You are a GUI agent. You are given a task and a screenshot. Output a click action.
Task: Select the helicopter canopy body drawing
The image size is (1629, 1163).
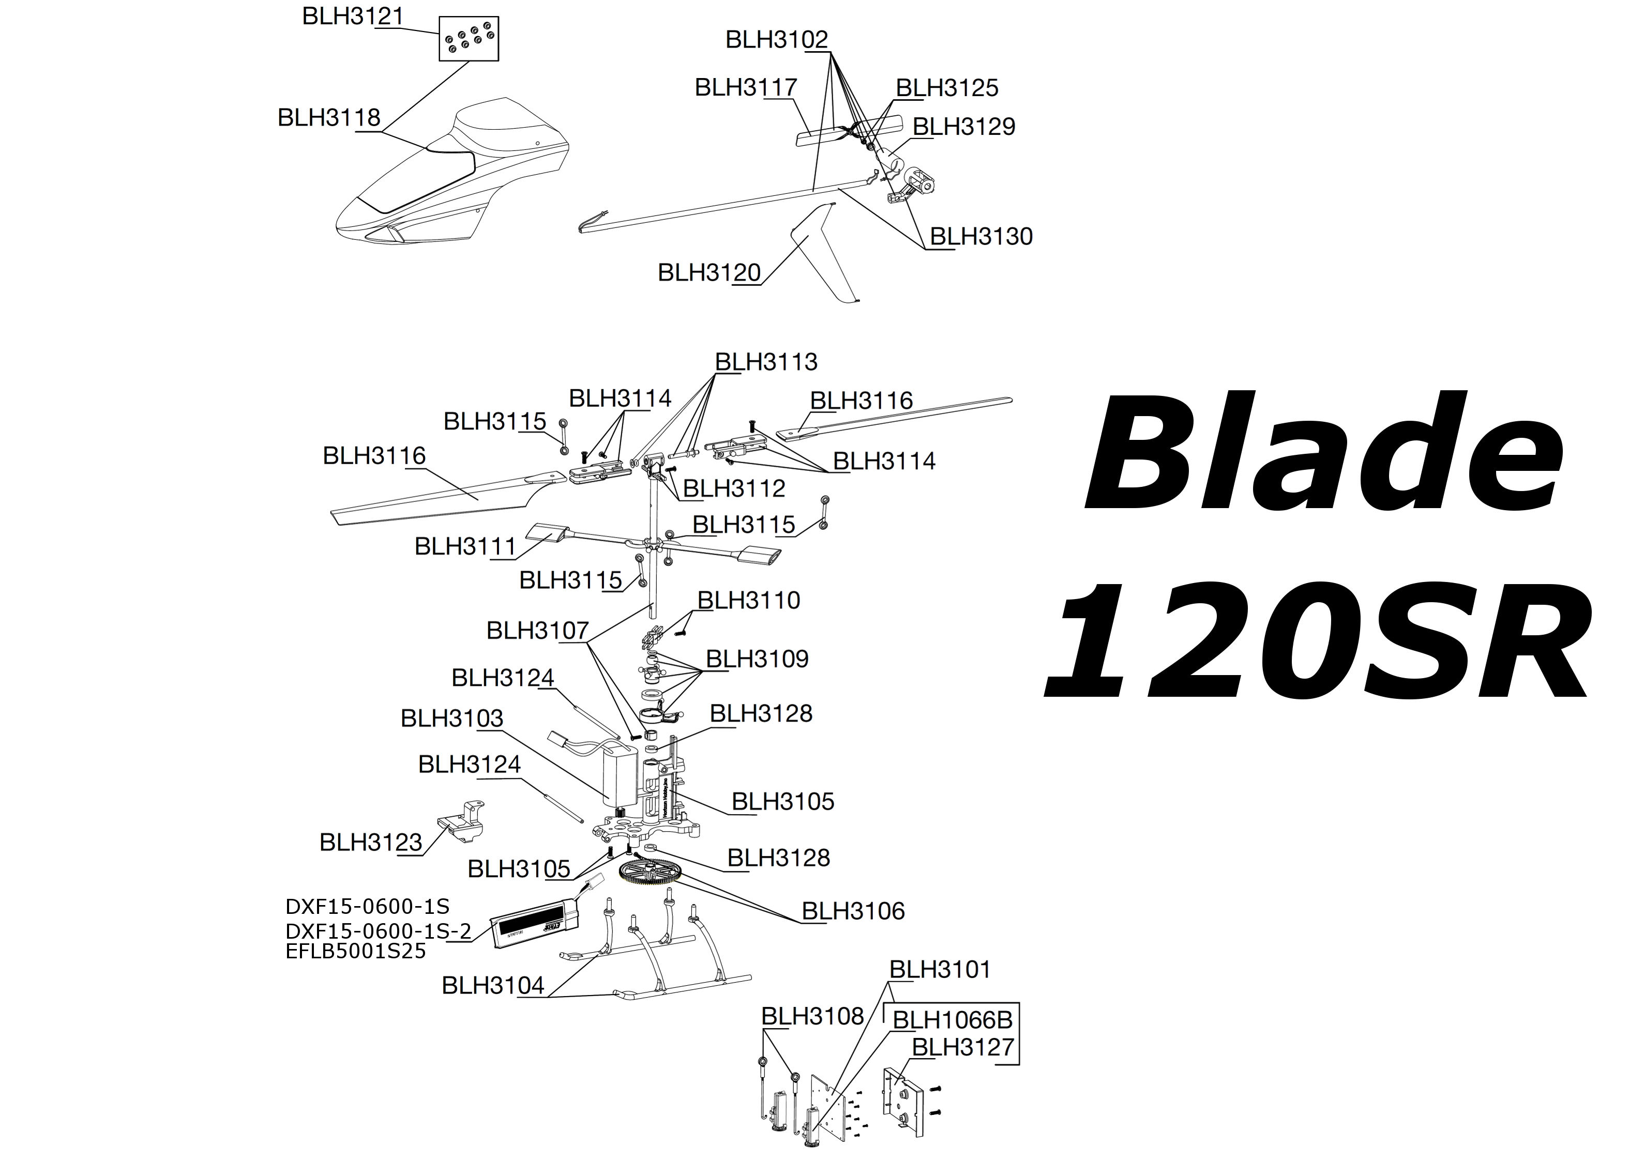tap(459, 179)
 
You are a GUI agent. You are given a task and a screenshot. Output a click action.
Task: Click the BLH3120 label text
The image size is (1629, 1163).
tap(709, 273)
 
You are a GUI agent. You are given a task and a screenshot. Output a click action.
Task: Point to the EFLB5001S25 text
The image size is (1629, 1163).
tap(355, 951)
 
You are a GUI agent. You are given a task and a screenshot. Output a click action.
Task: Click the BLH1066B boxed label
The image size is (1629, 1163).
tap(952, 1020)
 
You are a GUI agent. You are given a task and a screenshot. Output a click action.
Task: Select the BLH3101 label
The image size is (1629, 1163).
tap(940, 970)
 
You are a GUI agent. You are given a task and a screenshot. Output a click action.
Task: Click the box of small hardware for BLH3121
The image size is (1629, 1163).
tap(469, 39)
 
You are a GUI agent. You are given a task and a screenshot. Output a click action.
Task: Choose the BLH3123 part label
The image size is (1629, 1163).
tap(370, 842)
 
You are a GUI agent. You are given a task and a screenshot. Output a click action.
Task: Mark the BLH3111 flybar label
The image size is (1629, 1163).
tap(465, 546)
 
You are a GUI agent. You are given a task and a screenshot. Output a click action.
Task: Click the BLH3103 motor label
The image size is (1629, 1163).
tap(451, 718)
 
